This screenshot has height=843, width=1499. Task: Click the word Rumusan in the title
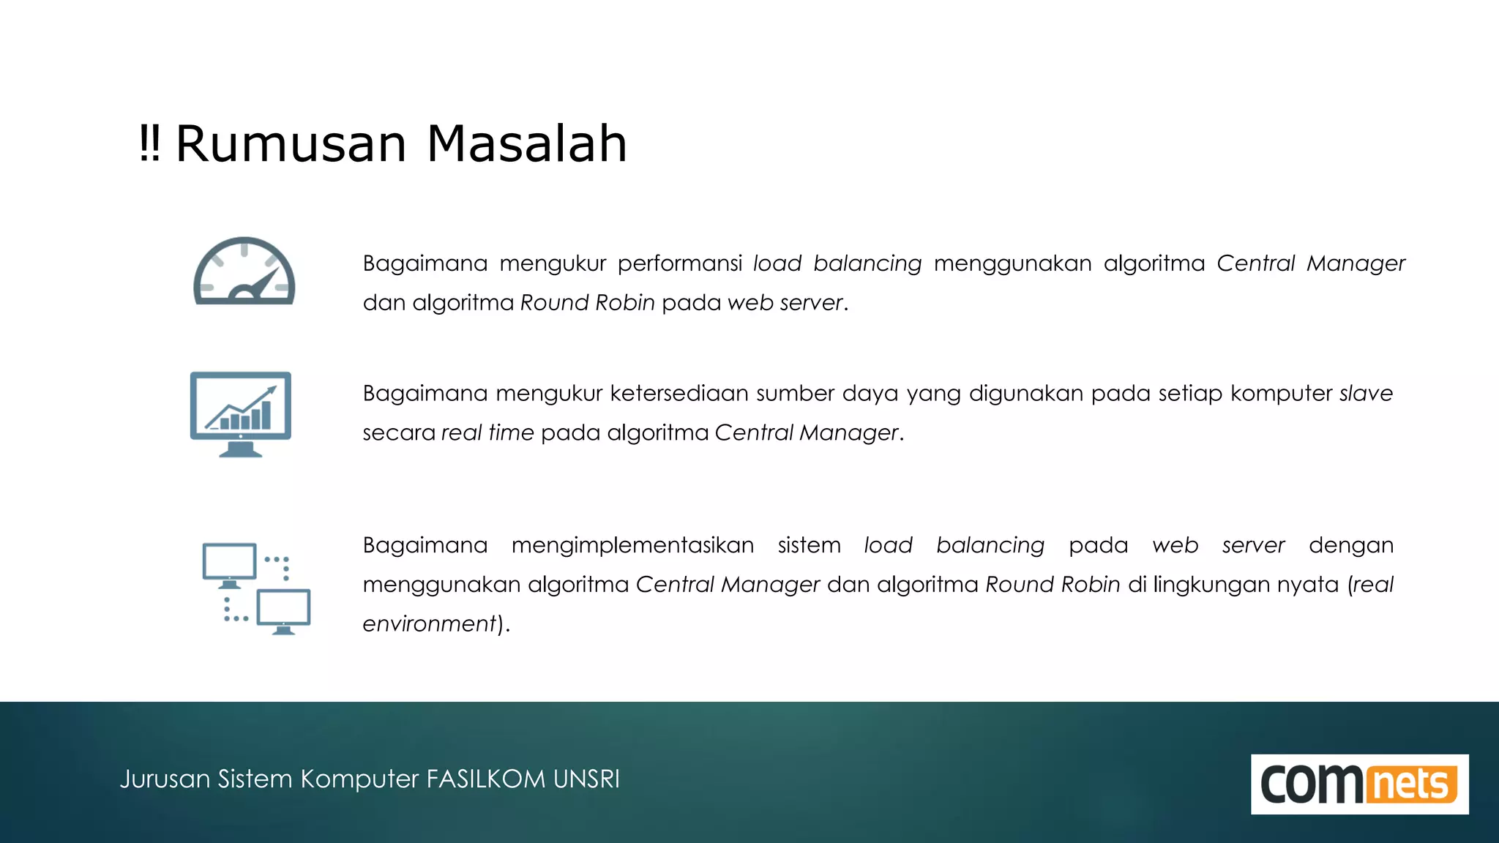[291, 143]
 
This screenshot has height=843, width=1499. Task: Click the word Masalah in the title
[526, 143]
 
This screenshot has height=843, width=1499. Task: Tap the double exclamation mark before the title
[149, 143]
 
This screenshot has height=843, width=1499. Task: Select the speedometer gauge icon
[244, 271]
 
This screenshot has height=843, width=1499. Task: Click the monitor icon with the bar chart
[241, 413]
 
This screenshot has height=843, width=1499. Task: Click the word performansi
[679, 263]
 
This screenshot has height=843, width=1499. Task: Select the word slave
[1366, 394]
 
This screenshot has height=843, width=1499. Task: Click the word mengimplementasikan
[632, 545]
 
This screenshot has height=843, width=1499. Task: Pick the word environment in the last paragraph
[430, 623]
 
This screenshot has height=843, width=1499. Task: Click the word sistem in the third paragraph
[809, 545]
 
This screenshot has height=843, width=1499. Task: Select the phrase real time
[487, 432]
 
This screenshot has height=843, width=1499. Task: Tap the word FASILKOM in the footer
[486, 779]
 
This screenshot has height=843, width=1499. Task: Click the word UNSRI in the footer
[586, 779]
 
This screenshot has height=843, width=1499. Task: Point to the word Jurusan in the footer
[165, 779]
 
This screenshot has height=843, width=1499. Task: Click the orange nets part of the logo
[1410, 784]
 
